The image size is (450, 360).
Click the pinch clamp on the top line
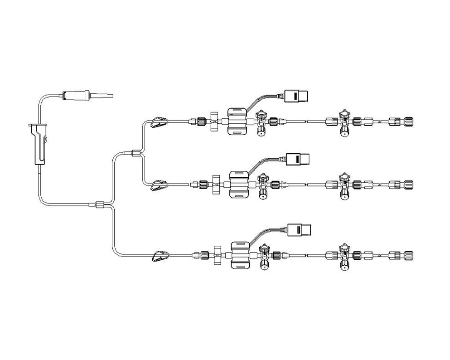click(x=159, y=121)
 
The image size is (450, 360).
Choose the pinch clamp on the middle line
click(x=159, y=184)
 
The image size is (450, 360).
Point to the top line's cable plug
click(x=296, y=96)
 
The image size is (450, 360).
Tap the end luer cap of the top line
click(x=407, y=122)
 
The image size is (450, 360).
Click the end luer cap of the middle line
click(x=407, y=185)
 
